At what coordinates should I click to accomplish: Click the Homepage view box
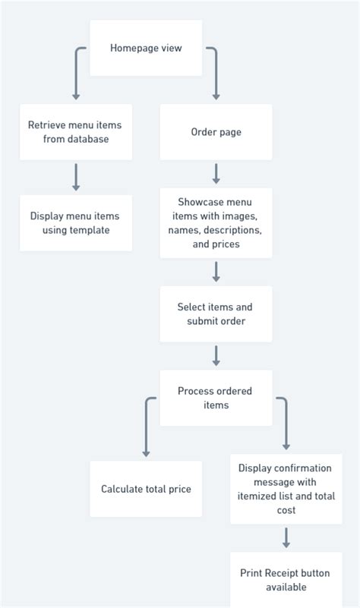click(x=146, y=48)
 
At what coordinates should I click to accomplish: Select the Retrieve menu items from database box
click(x=75, y=132)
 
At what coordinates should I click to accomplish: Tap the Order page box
click(x=216, y=132)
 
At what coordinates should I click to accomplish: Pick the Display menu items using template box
click(x=75, y=223)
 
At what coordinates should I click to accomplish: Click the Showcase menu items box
click(x=216, y=223)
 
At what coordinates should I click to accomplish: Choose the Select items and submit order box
click(x=216, y=313)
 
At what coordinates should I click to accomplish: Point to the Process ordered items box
click(x=216, y=398)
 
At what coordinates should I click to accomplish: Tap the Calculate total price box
click(x=146, y=489)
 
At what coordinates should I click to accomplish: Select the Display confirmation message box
click(x=286, y=489)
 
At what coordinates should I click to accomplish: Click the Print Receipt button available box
click(x=286, y=580)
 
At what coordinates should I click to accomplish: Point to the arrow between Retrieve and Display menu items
click(x=76, y=177)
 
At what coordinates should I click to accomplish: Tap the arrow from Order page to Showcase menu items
click(x=216, y=174)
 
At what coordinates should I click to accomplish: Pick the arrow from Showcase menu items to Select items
click(x=216, y=272)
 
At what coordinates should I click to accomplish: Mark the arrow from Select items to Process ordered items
click(x=216, y=355)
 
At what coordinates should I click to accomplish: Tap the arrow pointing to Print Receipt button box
click(x=286, y=538)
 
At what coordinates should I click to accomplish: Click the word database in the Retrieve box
click(x=87, y=140)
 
